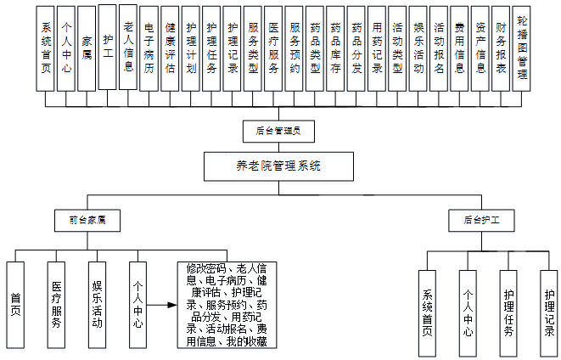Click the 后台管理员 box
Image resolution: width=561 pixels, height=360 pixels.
coord(278,131)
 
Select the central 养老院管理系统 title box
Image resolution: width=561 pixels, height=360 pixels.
coord(278,166)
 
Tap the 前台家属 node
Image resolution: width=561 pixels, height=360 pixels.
coord(87,219)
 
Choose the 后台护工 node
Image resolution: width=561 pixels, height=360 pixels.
coord(481,219)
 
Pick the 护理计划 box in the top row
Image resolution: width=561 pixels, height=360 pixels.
coord(190,48)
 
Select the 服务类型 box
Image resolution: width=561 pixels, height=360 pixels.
coord(252,48)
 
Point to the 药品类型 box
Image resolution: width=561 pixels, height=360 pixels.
coord(315,48)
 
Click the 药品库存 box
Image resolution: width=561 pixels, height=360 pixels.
coord(335,48)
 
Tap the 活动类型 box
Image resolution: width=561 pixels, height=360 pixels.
coord(397,48)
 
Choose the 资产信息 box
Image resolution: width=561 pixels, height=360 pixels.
coord(480,48)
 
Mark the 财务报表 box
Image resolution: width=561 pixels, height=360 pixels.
coord(501,48)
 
